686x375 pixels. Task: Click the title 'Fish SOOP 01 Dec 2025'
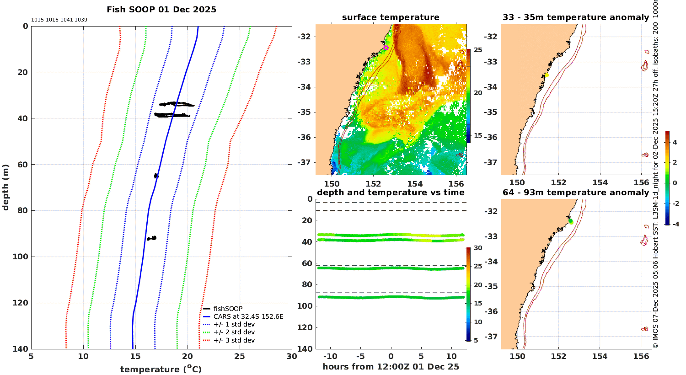pyautogui.click(x=161, y=10)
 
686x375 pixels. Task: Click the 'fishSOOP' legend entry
pyautogui.click(x=228, y=309)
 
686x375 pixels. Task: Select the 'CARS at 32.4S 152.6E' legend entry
pyautogui.click(x=248, y=316)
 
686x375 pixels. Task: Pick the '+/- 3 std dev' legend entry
pyautogui.click(x=234, y=340)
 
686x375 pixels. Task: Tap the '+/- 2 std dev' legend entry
pyautogui.click(x=234, y=332)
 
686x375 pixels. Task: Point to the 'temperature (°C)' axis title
pyautogui.click(x=161, y=369)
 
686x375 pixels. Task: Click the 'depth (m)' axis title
pyautogui.click(x=6, y=187)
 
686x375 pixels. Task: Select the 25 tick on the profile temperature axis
pyautogui.click(x=240, y=356)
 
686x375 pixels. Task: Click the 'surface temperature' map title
pyautogui.click(x=391, y=17)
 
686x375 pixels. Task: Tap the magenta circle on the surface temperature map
pyautogui.click(x=386, y=48)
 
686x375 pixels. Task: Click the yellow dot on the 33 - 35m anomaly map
pyautogui.click(x=546, y=75)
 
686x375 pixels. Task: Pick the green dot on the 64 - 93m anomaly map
pyautogui.click(x=570, y=220)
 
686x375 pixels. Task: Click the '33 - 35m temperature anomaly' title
pyautogui.click(x=576, y=17)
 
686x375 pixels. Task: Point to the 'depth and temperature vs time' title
pyautogui.click(x=391, y=193)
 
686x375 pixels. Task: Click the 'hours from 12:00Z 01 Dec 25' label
pyautogui.click(x=391, y=367)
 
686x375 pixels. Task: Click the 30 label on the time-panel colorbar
pyautogui.click(x=478, y=248)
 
